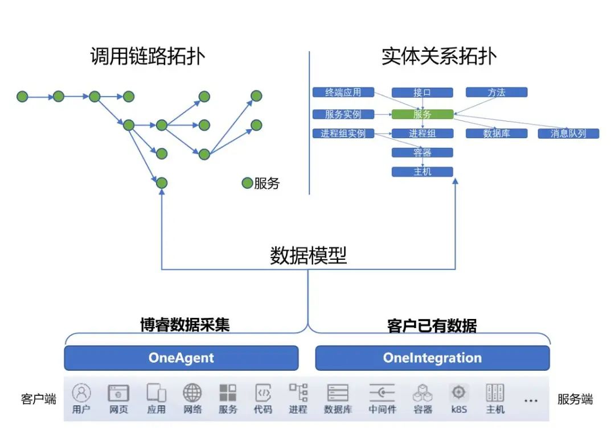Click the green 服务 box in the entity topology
(422, 114)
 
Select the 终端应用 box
(343, 92)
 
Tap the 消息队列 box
(568, 134)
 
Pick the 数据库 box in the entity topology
(497, 134)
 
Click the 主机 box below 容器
(422, 172)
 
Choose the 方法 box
(497, 92)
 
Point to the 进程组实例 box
(343, 134)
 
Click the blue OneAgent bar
(181, 358)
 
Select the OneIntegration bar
(432, 358)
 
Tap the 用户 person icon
(81, 392)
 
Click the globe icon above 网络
(192, 392)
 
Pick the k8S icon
(459, 392)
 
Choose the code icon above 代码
(263, 392)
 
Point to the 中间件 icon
(381, 392)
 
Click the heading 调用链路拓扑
(147, 56)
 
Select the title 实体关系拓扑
(438, 56)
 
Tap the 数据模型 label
(308, 256)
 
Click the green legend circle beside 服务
(247, 183)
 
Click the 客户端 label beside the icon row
(39, 399)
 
